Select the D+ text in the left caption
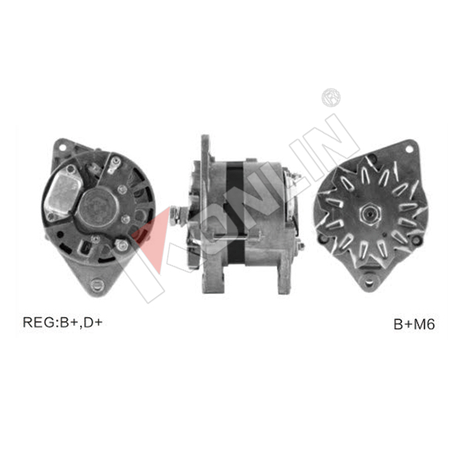93,322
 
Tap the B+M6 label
414,324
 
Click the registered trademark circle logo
331,97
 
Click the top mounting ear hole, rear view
63,147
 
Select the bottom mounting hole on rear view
97,285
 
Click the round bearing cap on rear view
99,207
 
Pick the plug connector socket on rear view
85,248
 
